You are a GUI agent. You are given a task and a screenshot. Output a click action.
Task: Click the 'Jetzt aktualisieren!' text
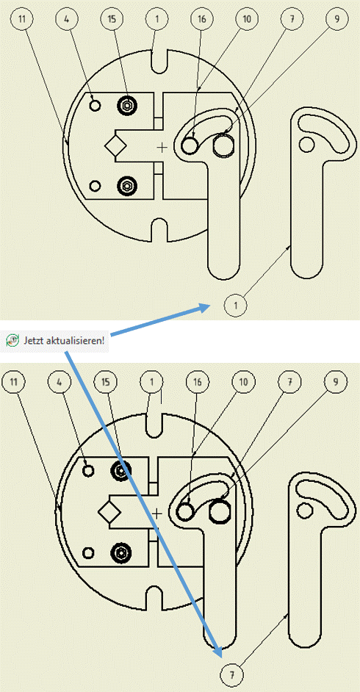pyautogui.click(x=64, y=341)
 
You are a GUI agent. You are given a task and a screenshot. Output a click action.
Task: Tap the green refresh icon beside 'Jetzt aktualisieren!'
pyautogui.click(x=12, y=341)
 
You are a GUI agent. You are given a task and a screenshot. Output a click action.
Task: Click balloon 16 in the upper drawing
pyautogui.click(x=201, y=19)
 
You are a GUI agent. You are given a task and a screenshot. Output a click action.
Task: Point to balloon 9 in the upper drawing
pyautogui.click(x=335, y=19)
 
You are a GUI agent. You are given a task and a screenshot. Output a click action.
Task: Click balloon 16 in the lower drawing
pyautogui.click(x=198, y=382)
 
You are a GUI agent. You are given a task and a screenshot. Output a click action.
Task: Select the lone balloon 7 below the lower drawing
pyautogui.click(x=231, y=675)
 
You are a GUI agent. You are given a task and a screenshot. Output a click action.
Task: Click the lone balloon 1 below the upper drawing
pyautogui.click(x=235, y=306)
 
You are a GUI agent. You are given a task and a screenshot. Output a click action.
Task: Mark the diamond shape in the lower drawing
pyautogui.click(x=109, y=512)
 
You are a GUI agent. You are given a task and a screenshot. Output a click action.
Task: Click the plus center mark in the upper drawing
pyautogui.click(x=163, y=147)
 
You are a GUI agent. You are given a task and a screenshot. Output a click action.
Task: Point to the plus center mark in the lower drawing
pyautogui.click(x=157, y=513)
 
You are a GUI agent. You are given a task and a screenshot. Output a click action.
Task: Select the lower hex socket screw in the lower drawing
pyautogui.click(x=120, y=552)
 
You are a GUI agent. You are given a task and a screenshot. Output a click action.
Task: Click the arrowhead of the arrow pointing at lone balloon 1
pyautogui.click(x=206, y=308)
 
